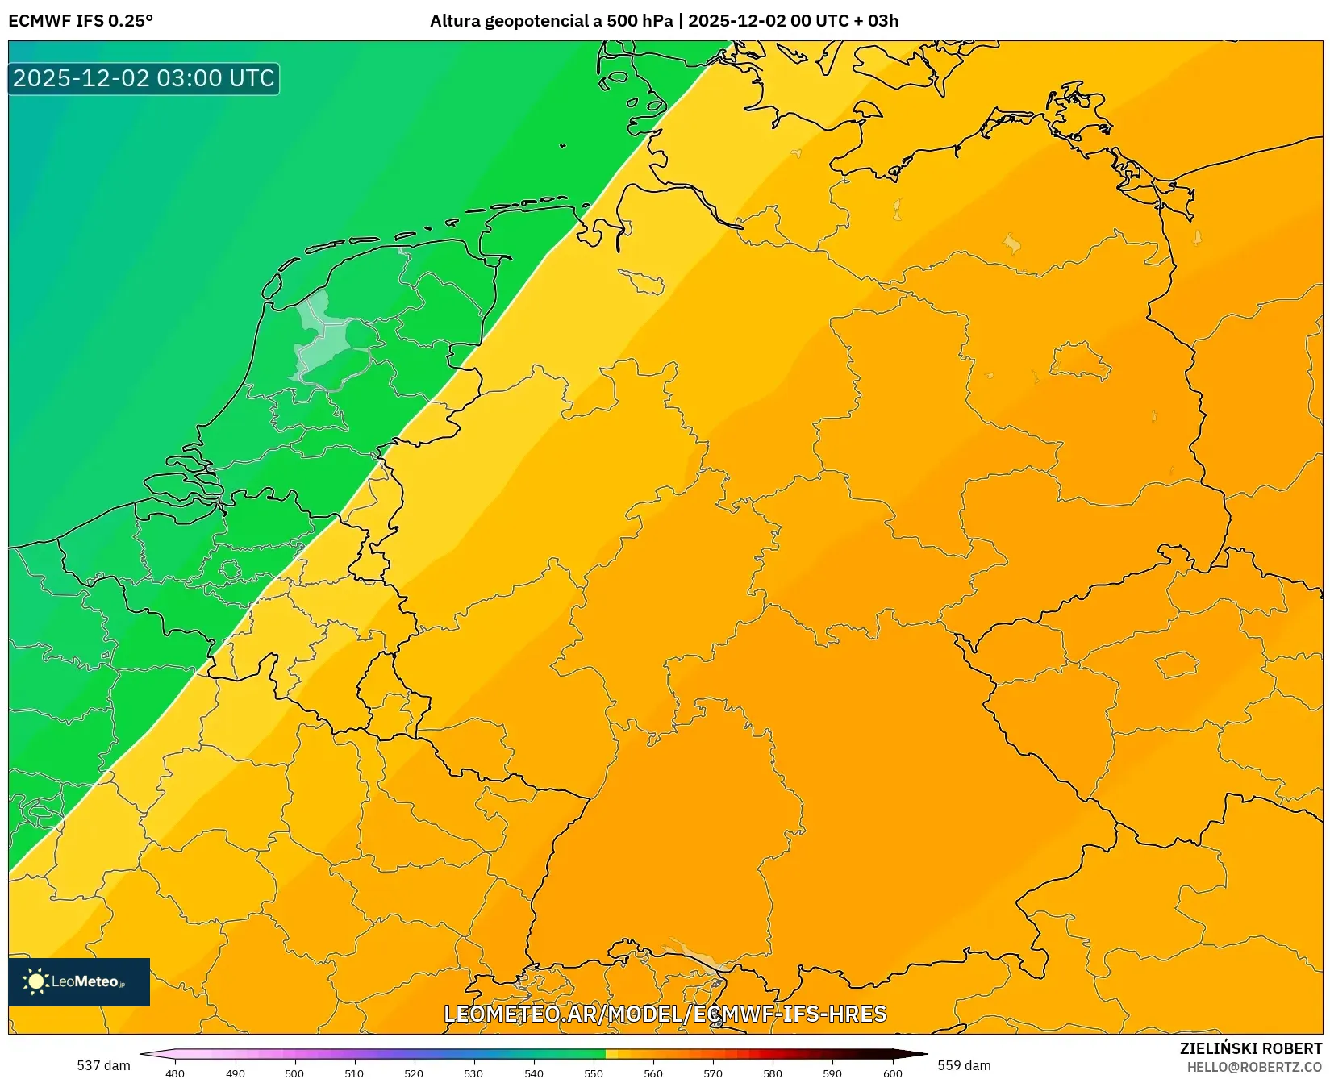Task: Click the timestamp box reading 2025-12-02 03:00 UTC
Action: (x=144, y=78)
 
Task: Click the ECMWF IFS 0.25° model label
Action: (x=81, y=21)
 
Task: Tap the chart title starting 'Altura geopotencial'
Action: (x=664, y=21)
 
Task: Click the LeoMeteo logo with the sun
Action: (x=78, y=981)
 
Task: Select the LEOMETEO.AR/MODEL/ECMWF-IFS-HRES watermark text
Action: (x=665, y=1014)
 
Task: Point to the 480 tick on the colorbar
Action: (x=175, y=1073)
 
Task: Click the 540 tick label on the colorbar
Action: (x=534, y=1073)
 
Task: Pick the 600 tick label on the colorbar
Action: (x=892, y=1073)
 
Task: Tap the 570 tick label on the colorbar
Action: (x=713, y=1073)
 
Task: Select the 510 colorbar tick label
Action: (x=354, y=1073)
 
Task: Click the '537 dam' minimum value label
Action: (x=103, y=1065)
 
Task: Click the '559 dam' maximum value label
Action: (x=964, y=1065)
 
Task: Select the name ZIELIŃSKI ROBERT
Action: (x=1251, y=1048)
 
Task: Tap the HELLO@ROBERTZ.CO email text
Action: (x=1254, y=1067)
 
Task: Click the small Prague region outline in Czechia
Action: (x=1178, y=665)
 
